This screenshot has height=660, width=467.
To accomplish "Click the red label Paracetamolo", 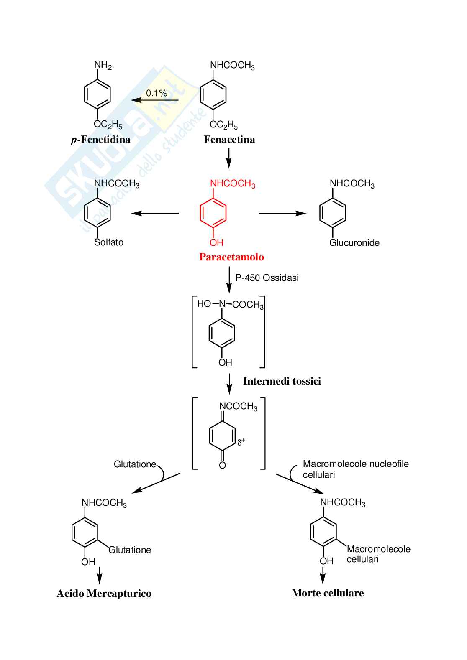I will pyautogui.click(x=231, y=257).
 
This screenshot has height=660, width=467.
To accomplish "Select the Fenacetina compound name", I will pyautogui.click(x=229, y=140).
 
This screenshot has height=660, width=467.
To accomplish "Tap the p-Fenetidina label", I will pyautogui.click(x=100, y=140).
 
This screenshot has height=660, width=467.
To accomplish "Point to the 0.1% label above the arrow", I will pyautogui.click(x=157, y=93).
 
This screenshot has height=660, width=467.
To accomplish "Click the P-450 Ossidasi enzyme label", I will pyautogui.click(x=267, y=278).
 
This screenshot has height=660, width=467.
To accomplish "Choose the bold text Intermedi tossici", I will pyautogui.click(x=282, y=381).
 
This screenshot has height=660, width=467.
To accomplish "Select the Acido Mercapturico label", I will pyautogui.click(x=104, y=594).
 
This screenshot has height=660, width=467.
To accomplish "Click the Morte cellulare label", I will pyautogui.click(x=328, y=593).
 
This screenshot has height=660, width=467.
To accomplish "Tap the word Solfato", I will pyautogui.click(x=109, y=242).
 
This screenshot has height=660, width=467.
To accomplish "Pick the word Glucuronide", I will pyautogui.click(x=354, y=243).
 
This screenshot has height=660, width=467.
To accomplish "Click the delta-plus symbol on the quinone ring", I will pyautogui.click(x=241, y=442).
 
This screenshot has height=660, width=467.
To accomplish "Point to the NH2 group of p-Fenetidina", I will pyautogui.click(x=103, y=65).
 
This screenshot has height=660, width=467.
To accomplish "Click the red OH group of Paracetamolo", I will pyautogui.click(x=216, y=242).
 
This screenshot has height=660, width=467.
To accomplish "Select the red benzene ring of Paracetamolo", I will pyautogui.click(x=213, y=213).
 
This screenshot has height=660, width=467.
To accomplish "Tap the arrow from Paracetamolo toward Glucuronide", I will pyautogui.click(x=282, y=213).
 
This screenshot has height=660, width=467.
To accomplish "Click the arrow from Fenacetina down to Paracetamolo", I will pyautogui.click(x=228, y=158).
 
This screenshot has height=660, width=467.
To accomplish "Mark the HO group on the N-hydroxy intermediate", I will pyautogui.click(x=204, y=304).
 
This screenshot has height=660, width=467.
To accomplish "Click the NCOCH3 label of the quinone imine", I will pyautogui.click(x=238, y=406).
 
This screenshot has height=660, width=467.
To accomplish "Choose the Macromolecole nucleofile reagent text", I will pyautogui.click(x=356, y=464).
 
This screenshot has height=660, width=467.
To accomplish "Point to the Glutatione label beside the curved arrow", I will pyautogui.click(x=135, y=464).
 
